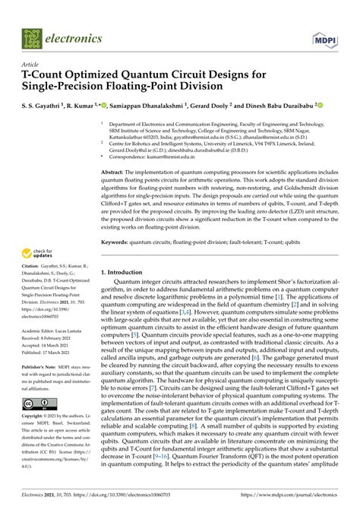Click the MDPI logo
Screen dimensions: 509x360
(x=325, y=35)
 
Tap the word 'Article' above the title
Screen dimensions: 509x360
(x=32, y=65)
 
